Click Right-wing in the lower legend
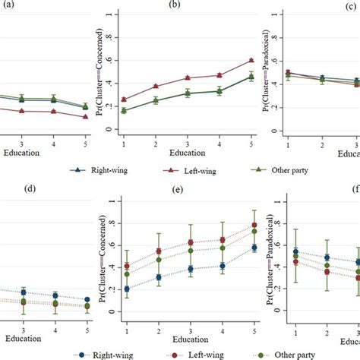106,353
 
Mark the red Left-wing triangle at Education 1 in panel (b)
125,99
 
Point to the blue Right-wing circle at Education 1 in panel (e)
125,289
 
